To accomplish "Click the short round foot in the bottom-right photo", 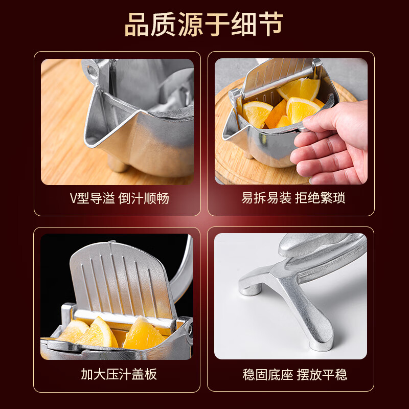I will pyautogui.click(x=251, y=289).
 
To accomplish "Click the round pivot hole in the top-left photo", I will pyautogui.click(x=92, y=69).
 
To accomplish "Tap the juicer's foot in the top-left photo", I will pyautogui.click(x=118, y=165).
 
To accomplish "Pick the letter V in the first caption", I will pyautogui.click(x=73, y=198).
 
